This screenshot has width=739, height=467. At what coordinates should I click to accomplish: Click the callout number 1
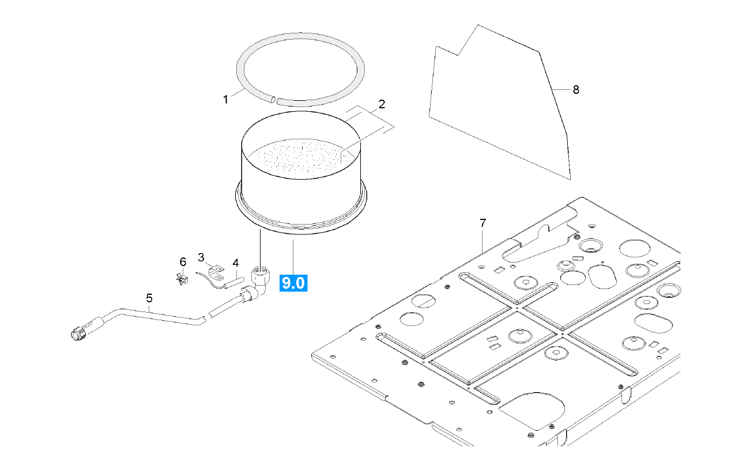225,100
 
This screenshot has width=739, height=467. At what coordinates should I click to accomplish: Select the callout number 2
382,104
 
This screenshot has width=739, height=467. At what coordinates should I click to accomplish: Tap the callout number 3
201,256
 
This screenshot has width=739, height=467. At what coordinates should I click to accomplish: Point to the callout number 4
235,263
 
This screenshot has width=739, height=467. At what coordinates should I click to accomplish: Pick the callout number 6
183,262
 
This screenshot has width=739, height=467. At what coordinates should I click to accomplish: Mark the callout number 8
575,89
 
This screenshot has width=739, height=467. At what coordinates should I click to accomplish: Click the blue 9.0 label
293,283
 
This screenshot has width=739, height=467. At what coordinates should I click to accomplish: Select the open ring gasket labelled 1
301,51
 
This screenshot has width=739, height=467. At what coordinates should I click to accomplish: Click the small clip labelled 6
183,279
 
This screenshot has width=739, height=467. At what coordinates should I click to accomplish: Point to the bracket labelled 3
215,274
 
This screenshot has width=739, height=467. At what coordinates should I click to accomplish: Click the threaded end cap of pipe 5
77,334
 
